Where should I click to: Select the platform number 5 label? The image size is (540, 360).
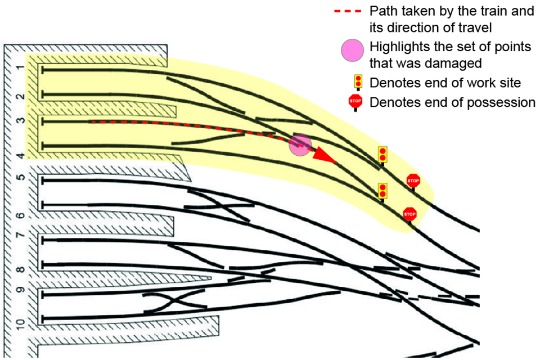click(19, 178)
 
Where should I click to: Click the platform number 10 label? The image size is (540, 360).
click(19, 324)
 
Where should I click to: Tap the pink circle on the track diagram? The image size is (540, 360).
click(300, 145)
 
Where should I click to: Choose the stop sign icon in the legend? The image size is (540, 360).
click(355, 102)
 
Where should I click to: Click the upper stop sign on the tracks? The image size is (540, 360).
click(413, 181)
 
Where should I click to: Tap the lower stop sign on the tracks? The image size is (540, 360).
click(409, 214)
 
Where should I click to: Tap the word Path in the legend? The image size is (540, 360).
click(381, 11)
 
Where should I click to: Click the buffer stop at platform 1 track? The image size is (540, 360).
click(43, 69)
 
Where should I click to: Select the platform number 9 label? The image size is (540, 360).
click(19, 292)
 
